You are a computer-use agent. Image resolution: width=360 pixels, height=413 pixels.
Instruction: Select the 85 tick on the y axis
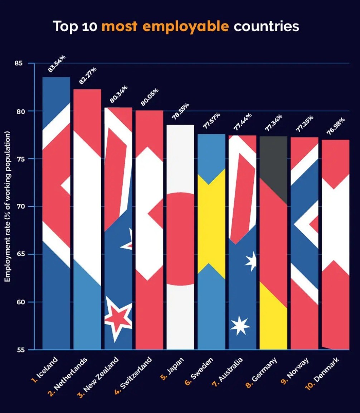point(19,63)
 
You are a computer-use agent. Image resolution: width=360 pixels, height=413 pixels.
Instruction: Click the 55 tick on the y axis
point(19,350)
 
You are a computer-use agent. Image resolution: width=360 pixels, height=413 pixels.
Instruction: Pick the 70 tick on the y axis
point(19,207)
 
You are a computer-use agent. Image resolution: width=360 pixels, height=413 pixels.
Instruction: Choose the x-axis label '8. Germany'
point(262,373)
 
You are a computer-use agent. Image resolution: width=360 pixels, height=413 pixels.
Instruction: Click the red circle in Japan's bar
point(181,239)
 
